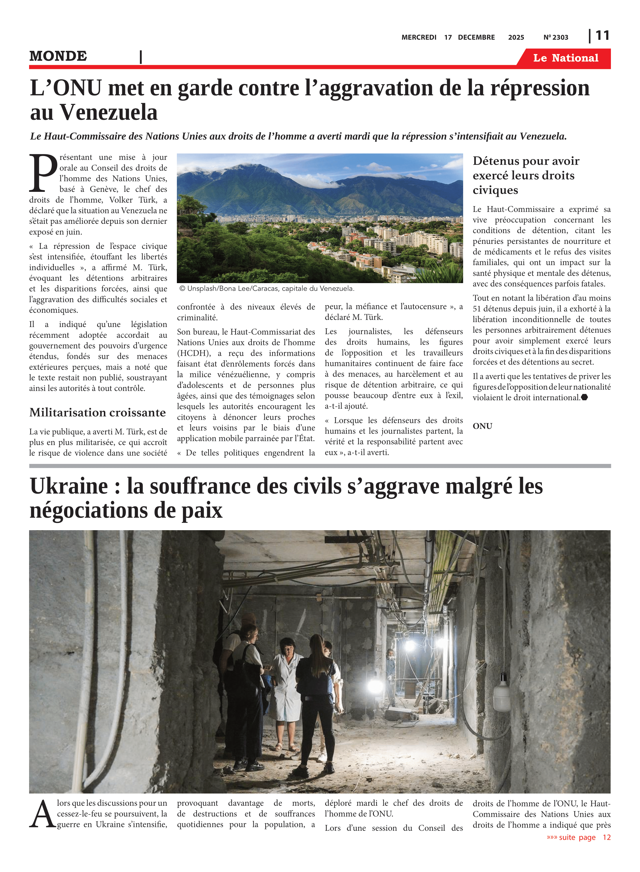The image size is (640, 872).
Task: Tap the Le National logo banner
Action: tap(565, 58)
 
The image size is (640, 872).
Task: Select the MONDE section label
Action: tap(58, 56)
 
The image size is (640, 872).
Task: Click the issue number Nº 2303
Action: tap(556, 37)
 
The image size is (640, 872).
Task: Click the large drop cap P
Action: tap(43, 173)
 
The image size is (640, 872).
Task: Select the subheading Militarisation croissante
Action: tap(98, 412)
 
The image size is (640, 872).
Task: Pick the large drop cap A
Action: tap(42, 815)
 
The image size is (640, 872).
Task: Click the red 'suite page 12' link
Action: tap(578, 837)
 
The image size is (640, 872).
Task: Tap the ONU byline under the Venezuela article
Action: tap(482, 426)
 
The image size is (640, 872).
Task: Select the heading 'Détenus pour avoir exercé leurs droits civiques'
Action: tap(526, 175)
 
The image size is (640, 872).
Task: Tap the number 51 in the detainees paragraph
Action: tap(477, 309)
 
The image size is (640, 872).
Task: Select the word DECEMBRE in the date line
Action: tap(476, 37)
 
